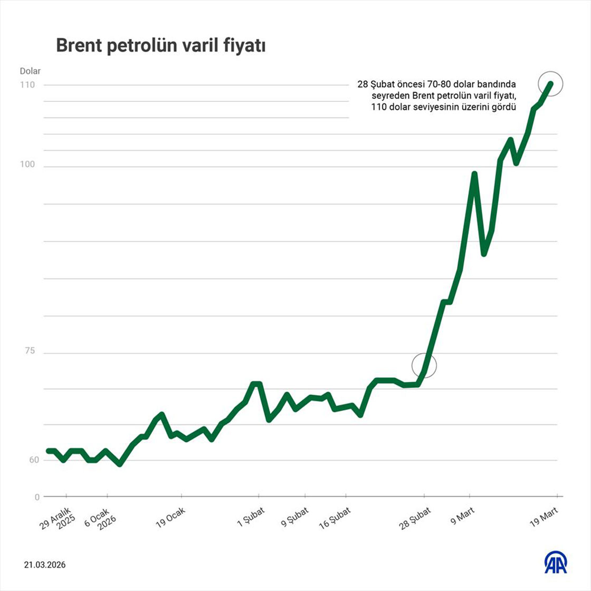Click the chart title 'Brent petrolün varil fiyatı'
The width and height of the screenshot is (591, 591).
pyautogui.click(x=160, y=46)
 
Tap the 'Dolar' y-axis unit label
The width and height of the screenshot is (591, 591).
pyautogui.click(x=30, y=71)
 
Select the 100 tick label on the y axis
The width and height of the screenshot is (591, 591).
pyautogui.click(x=27, y=165)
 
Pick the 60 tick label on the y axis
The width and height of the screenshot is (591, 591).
pyautogui.click(x=34, y=460)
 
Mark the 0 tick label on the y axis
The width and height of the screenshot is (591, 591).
pyautogui.click(x=37, y=497)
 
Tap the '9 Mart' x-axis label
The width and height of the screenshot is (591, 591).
pyautogui.click(x=463, y=513)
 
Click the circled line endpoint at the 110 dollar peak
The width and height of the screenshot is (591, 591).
pyautogui.click(x=551, y=83)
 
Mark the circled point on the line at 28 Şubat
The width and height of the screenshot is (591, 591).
pyautogui.click(x=424, y=365)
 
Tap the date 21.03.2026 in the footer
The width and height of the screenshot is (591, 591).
pyautogui.click(x=45, y=565)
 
